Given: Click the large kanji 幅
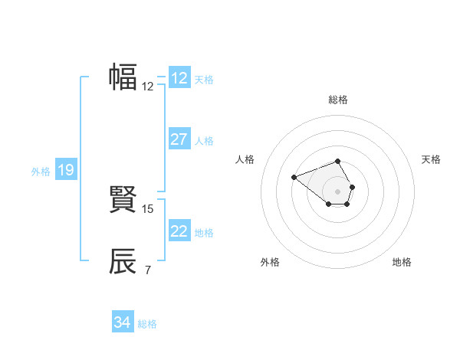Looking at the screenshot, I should coord(123,77).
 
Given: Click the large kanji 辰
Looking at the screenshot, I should coord(123,261).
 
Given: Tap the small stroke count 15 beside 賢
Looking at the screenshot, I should coord(148,208).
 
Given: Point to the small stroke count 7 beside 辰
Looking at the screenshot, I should coord(147,270).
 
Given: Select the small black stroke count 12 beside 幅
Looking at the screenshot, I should coord(148,87).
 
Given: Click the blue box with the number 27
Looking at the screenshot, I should coord(179,139).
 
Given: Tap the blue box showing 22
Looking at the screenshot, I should coord(179,231).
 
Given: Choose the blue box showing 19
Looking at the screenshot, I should coord(65,170).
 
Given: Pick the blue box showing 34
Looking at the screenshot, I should coord(123,322).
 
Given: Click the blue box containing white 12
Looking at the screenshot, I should coord(179,78).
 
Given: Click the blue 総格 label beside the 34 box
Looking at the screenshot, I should coord(147,324).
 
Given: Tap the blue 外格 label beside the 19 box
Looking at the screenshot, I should coord(41,172).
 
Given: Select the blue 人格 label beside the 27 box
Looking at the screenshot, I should coord(204,141).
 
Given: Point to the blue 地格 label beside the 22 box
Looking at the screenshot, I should coord(204,233).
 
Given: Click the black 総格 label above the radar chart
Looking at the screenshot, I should coord(338,100).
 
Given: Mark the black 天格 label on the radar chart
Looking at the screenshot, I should coord(431,159).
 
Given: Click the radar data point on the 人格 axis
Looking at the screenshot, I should coord(294,178).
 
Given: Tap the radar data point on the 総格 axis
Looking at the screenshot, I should coord(338,161).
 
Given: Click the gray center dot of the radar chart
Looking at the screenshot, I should coord(338,191).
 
